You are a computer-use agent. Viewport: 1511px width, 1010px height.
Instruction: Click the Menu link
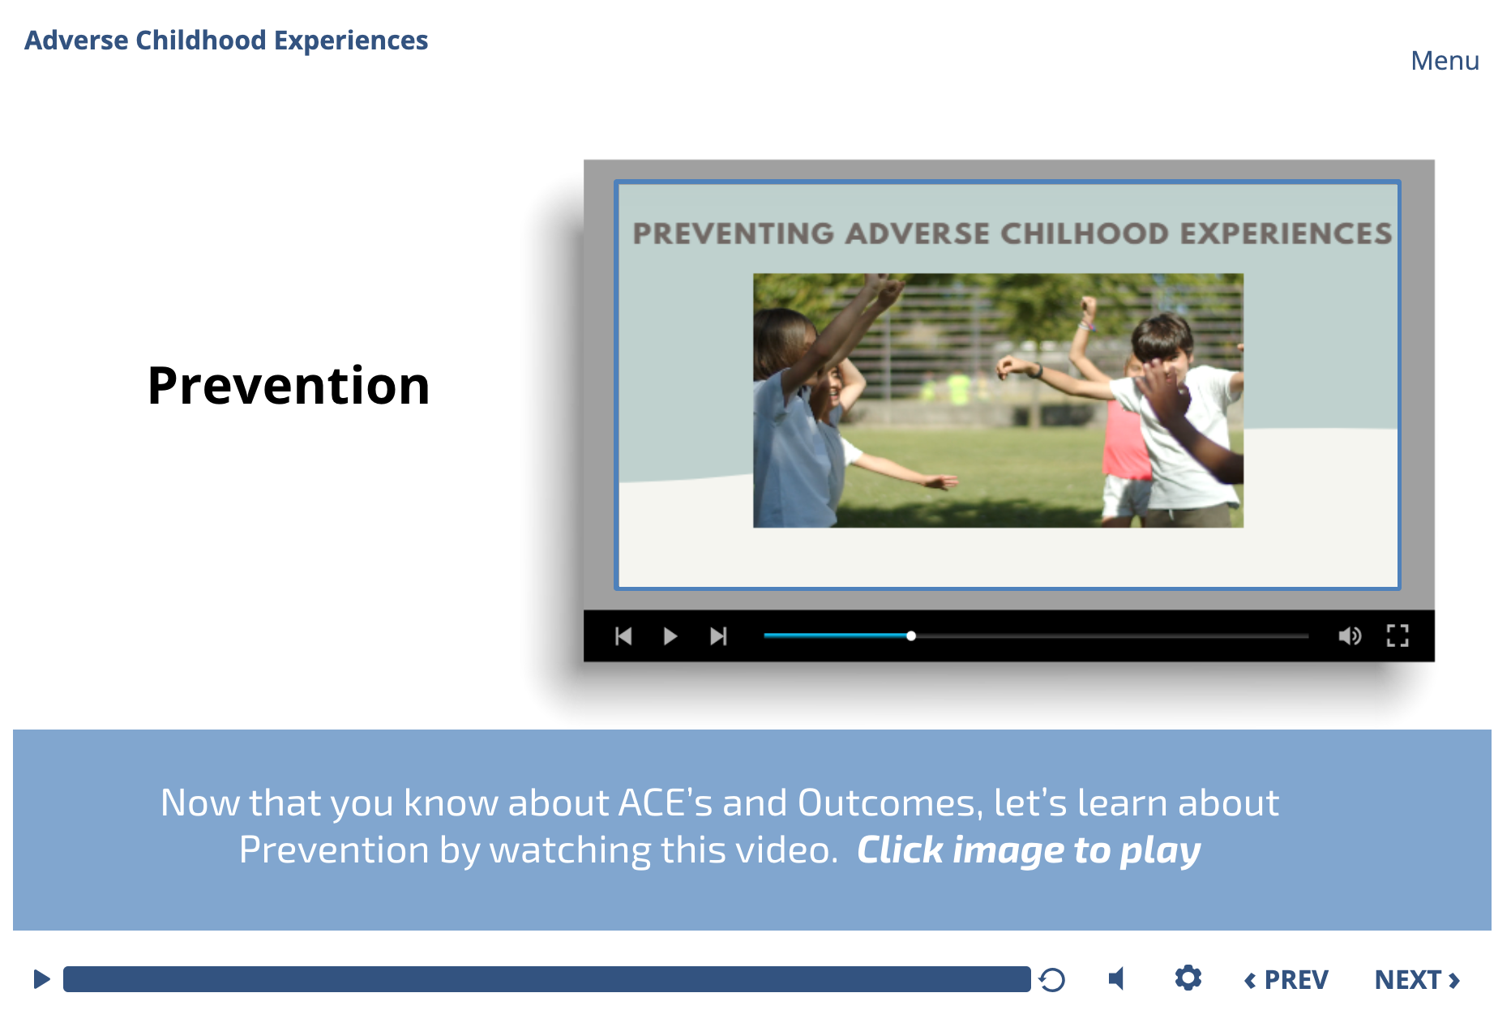(x=1445, y=61)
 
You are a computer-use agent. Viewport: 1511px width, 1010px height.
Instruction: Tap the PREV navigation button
(x=1286, y=980)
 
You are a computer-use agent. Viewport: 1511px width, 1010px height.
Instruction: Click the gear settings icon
(x=1188, y=978)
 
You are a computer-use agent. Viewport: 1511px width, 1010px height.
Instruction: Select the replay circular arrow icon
(x=1052, y=980)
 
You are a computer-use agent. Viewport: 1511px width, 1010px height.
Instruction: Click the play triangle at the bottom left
(x=41, y=979)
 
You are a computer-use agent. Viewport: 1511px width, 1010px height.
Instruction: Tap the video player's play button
(x=670, y=636)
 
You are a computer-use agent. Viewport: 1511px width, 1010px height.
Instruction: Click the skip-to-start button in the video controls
(x=623, y=636)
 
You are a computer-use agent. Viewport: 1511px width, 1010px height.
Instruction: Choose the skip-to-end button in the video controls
(x=718, y=636)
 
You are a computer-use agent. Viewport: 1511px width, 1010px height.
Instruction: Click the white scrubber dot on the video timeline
(x=911, y=636)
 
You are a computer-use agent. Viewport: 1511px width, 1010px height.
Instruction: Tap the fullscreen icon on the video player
(x=1398, y=636)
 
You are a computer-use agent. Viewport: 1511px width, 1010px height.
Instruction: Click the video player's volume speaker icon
(x=1350, y=636)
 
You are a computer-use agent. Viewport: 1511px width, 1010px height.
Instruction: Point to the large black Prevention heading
(x=289, y=386)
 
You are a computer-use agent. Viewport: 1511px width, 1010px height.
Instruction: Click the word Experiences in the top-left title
(x=351, y=41)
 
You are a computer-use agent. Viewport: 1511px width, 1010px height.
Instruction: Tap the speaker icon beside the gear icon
(x=1116, y=979)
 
